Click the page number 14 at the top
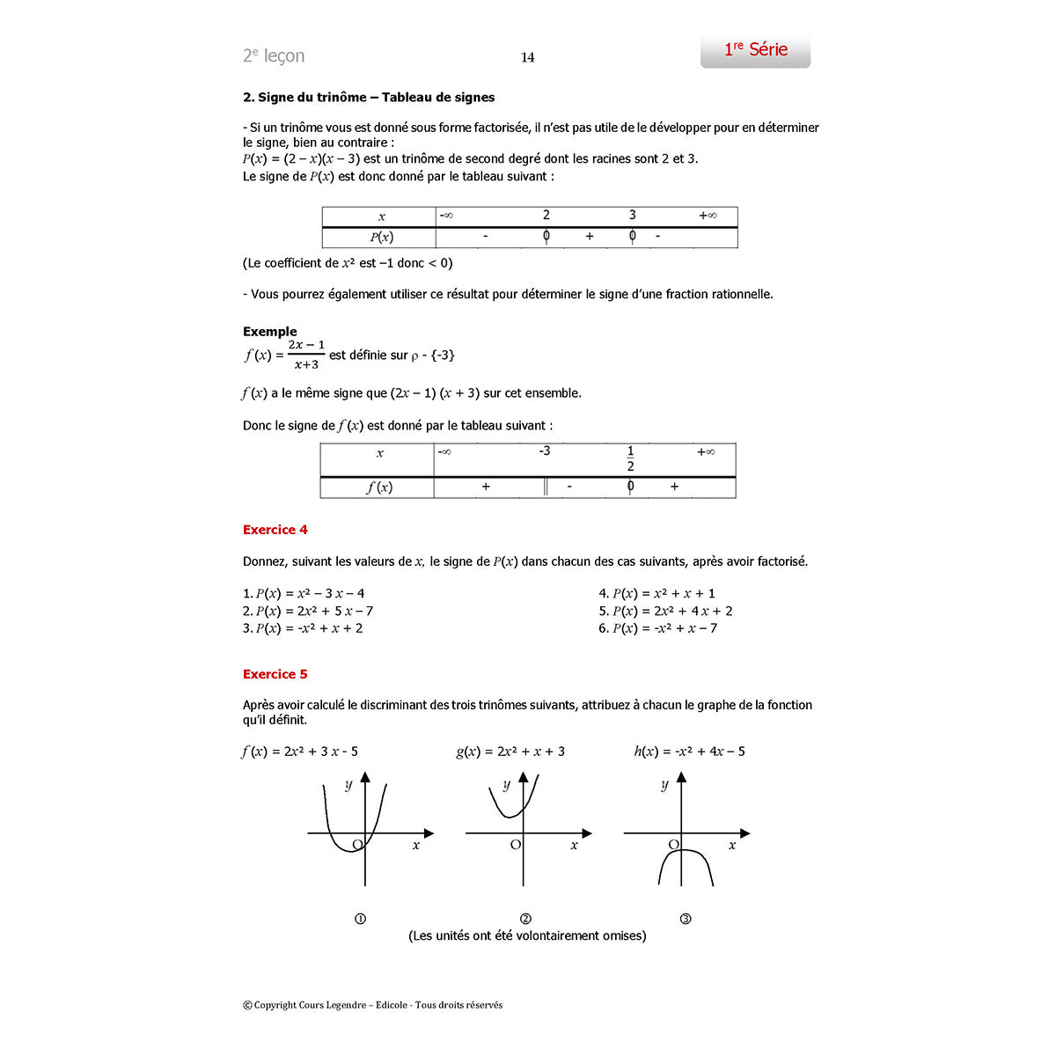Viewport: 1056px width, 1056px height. point(527,58)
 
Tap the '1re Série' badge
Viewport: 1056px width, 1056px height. point(755,51)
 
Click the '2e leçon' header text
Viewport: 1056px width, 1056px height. point(274,56)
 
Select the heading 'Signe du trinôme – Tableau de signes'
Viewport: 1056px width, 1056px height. point(369,98)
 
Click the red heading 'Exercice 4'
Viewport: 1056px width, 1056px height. point(275,530)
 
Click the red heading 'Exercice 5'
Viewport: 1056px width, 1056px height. point(275,674)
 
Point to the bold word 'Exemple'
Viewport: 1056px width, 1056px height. point(270,332)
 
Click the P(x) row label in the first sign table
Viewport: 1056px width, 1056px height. point(381,237)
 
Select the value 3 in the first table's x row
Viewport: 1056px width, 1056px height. point(632,216)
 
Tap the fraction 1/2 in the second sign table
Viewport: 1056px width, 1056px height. point(630,458)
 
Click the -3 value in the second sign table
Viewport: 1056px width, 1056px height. point(544,451)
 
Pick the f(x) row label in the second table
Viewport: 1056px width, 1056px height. point(379,488)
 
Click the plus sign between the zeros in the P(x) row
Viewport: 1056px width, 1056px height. point(590,237)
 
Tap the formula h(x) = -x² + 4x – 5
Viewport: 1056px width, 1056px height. point(689,752)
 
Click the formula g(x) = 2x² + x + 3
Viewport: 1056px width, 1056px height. point(510,752)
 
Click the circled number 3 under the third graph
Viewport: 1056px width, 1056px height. point(686,919)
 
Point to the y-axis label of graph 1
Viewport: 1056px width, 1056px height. point(348,785)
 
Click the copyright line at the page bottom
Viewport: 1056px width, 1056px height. point(372,1005)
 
